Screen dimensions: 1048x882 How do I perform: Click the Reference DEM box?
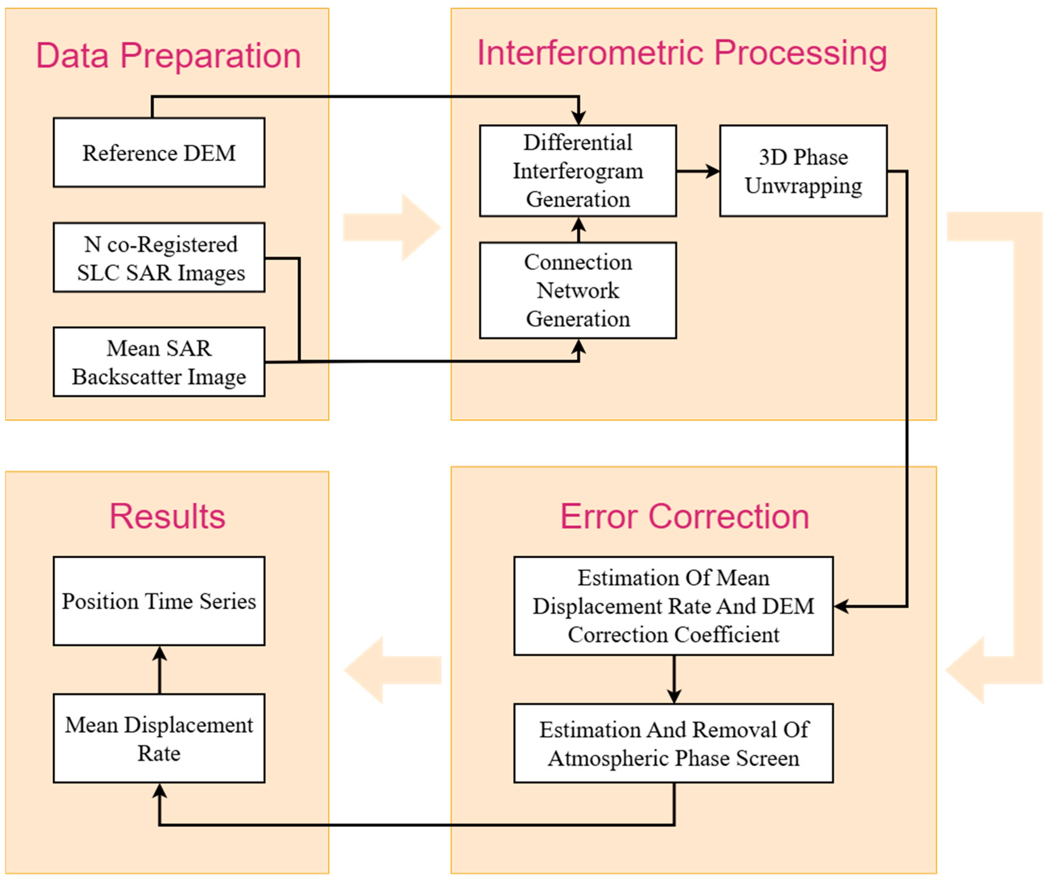click(159, 152)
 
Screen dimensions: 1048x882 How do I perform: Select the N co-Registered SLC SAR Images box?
click(159, 258)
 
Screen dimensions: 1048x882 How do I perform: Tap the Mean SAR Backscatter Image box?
click(159, 362)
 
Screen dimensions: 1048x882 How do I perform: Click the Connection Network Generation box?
click(578, 291)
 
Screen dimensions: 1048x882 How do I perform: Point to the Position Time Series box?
click(159, 601)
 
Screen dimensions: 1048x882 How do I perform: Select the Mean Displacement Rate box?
click(159, 738)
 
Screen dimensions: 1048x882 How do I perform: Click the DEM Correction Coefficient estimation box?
click(673, 606)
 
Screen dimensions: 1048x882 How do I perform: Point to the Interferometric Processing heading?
click(682, 53)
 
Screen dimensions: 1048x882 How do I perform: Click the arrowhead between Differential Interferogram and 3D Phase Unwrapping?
click(713, 171)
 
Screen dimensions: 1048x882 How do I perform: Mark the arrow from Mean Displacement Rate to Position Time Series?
click(159, 670)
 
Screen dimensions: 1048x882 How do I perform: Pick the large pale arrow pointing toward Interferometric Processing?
click(392, 228)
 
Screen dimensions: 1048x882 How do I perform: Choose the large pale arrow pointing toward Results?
click(393, 670)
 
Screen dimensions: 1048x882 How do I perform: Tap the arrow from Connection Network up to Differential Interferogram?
click(578, 230)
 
